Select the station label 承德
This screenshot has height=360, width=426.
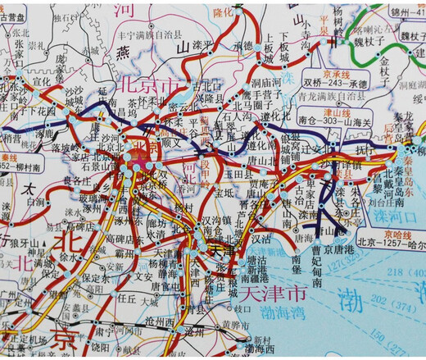(242, 45)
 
